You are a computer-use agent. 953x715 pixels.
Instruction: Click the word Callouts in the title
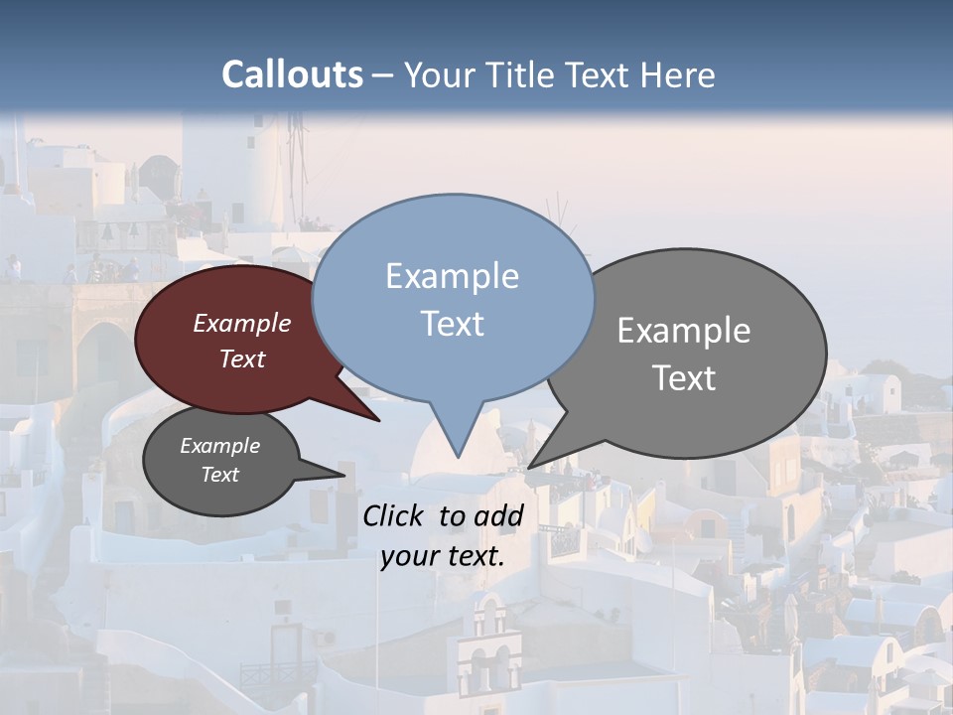(292, 75)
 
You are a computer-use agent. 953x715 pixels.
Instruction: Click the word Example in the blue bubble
(452, 276)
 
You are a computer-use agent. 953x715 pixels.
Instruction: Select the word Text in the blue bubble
(452, 324)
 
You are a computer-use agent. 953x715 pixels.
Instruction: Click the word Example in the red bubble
(242, 324)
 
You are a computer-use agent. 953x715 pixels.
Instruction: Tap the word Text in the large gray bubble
(684, 378)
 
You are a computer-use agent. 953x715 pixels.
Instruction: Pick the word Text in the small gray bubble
(220, 475)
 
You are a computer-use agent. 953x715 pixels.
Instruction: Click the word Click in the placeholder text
(393, 515)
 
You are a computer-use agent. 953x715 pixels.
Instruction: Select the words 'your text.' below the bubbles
(443, 556)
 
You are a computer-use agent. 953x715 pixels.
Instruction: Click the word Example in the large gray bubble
(684, 331)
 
